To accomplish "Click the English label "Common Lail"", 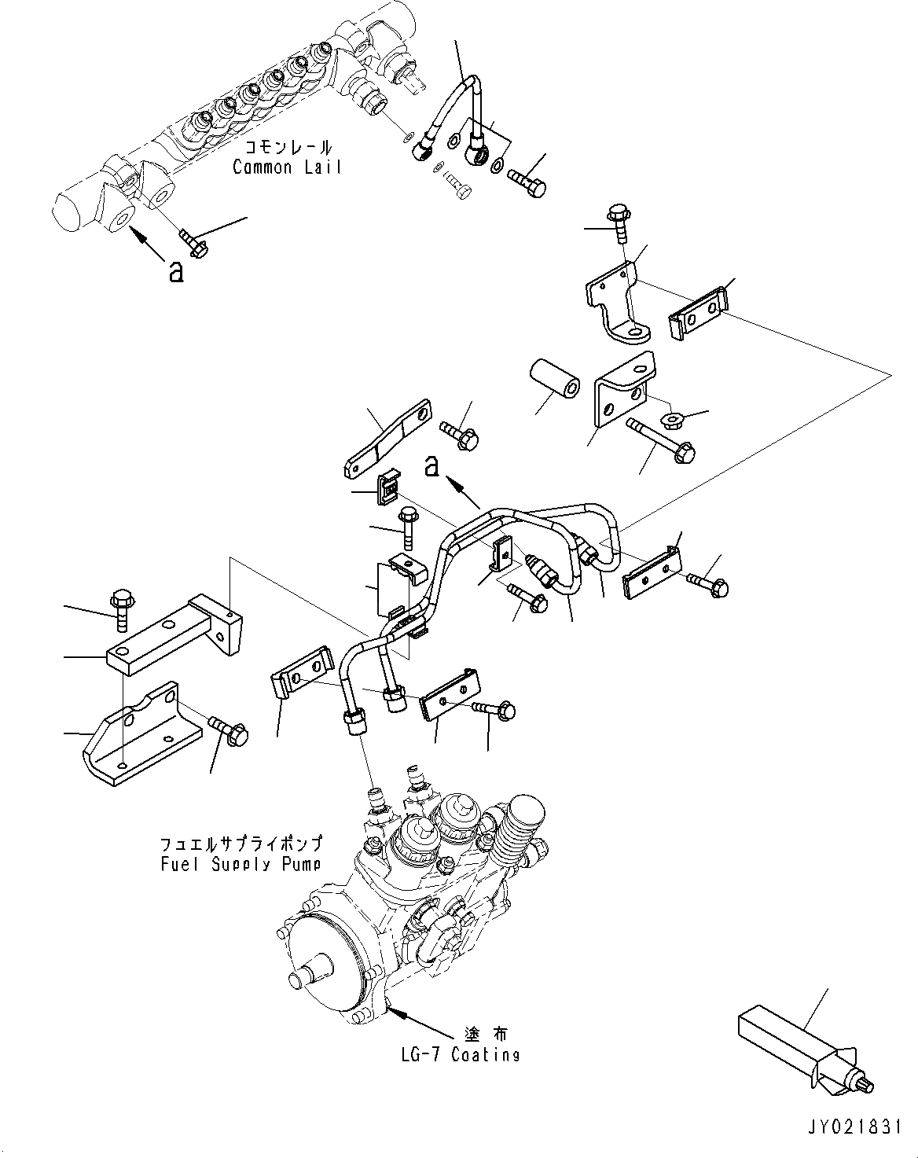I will pos(287,167).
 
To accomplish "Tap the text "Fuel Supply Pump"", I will pos(241,864).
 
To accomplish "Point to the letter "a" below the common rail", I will pos(177,272).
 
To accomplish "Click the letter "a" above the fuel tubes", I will pos(431,467).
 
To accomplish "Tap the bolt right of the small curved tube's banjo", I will pos(531,182).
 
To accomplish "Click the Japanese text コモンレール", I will pos(288,147).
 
